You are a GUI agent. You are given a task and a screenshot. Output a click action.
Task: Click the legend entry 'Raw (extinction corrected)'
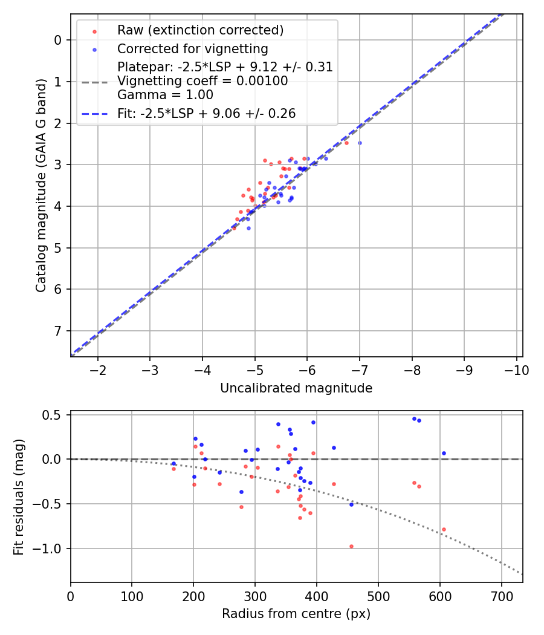pos(200,30)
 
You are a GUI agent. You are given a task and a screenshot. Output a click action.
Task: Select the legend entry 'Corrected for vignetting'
pos(192,48)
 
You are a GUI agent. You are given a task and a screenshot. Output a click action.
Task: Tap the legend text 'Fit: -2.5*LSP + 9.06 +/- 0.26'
pos(206,114)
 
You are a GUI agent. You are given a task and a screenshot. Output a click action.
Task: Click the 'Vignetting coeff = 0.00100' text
pos(202,81)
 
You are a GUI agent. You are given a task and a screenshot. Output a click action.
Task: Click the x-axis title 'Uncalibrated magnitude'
pos(296,388)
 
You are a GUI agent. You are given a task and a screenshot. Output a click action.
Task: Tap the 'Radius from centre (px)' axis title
pos(296,614)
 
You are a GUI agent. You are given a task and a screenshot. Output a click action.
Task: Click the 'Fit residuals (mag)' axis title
pos(19,496)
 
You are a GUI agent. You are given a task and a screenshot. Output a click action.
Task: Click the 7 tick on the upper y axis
pos(58,331)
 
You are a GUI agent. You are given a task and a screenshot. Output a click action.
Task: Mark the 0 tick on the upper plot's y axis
pos(58,40)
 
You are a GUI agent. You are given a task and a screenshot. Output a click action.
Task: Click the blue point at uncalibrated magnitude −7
pos(360,143)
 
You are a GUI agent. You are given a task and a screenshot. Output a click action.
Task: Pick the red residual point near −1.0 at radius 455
pos(351,546)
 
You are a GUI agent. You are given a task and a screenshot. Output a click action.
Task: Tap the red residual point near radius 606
pos(444,529)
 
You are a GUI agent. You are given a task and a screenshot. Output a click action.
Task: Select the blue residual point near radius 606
pos(444,453)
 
